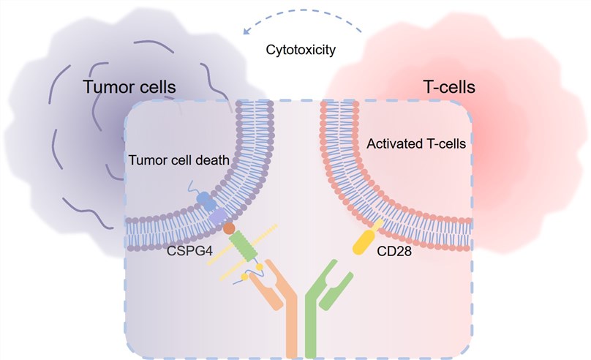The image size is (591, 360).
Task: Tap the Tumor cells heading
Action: click(x=129, y=87)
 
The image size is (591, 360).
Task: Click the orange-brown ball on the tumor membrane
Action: click(x=230, y=230)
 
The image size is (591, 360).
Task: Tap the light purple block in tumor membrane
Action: click(x=218, y=217)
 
